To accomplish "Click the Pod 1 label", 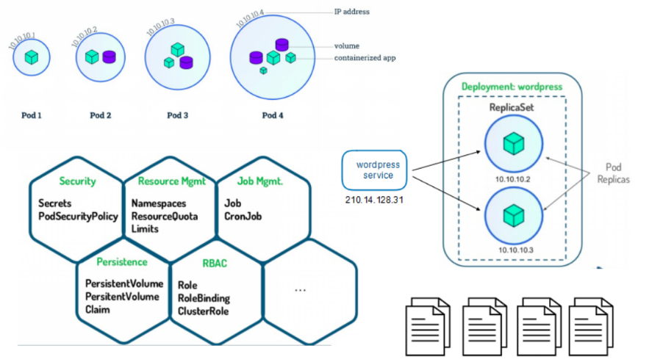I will click(31, 115).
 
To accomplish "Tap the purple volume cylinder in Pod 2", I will click(109, 57).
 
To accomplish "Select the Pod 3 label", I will click(177, 115).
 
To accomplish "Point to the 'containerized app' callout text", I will click(365, 57).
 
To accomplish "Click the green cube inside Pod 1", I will click(32, 57).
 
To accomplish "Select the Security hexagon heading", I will click(78, 181).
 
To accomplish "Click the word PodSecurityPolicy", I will click(78, 217).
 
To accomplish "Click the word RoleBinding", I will click(204, 298).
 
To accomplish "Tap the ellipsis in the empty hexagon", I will click(300, 290).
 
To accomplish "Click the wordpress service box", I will click(374, 170).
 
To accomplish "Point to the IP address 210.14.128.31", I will click(375, 200).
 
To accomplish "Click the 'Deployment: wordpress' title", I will click(512, 87).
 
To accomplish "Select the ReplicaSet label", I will click(512, 108).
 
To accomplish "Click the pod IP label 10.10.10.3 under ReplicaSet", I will click(513, 250).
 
